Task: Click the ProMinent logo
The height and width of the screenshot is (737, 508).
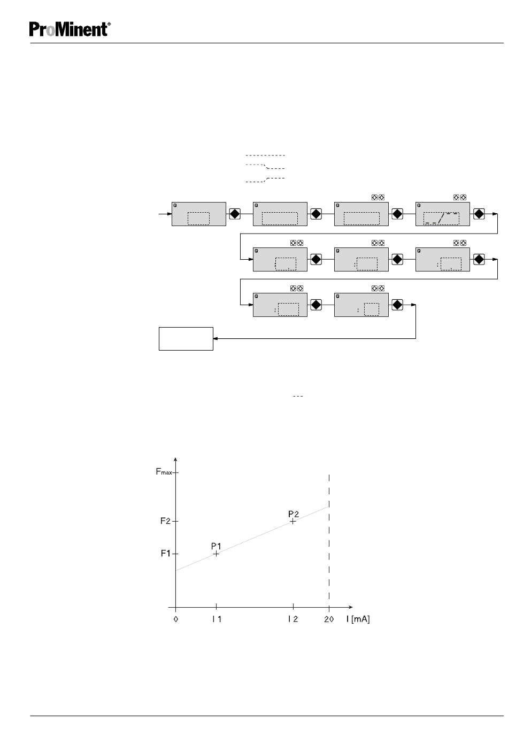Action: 70,29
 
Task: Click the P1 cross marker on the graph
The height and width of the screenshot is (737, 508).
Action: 216,554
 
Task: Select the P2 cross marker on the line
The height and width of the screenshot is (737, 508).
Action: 293,521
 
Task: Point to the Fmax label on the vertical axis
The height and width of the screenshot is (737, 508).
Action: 164,472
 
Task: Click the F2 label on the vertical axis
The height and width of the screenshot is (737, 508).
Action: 165,521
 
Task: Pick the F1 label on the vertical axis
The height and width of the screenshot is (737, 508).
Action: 165,553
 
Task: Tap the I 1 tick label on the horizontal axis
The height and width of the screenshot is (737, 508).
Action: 217,619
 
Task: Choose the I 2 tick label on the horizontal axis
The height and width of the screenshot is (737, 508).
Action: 293,619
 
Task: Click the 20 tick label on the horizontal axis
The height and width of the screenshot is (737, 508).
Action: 329,619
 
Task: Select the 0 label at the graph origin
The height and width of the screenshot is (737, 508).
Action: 176,619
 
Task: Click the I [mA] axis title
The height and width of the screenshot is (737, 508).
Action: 358,619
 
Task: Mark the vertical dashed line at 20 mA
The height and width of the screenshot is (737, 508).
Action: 329,540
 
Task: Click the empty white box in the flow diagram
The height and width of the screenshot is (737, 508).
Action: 186,338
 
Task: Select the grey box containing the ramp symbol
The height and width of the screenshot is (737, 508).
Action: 442,214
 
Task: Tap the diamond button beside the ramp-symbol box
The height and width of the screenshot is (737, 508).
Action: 479,214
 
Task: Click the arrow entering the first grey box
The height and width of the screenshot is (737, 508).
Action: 165,214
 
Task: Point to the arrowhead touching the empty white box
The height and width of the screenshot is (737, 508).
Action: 216,338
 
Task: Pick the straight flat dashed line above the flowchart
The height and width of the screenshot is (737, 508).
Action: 265,156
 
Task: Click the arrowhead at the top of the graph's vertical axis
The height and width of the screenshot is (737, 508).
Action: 175,460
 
